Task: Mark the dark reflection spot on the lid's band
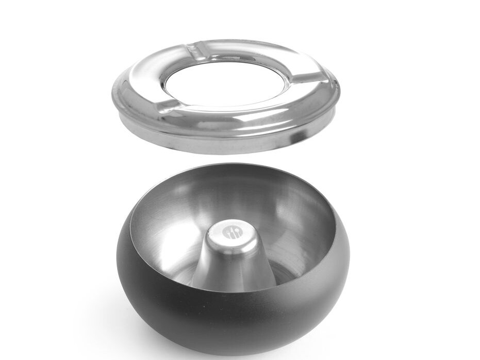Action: coord(297,135)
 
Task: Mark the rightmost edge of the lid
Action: coord(339,95)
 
